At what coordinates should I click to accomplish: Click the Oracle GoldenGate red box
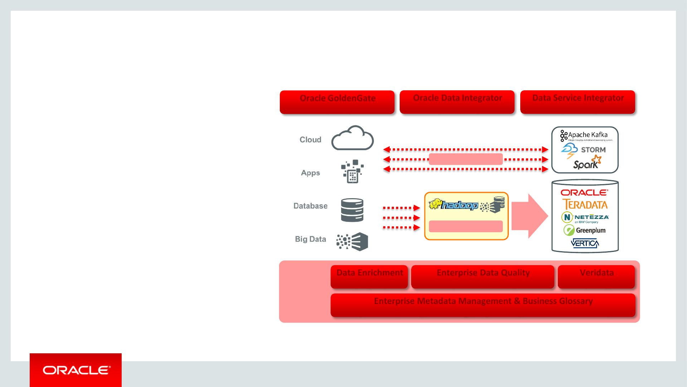click(337, 102)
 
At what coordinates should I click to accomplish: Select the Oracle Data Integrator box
click(457, 102)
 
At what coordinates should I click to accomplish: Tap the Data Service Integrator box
click(578, 102)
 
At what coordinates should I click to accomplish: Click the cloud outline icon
click(352, 138)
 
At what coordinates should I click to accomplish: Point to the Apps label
click(310, 173)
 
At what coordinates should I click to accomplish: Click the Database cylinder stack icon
click(352, 210)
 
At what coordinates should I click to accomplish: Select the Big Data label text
click(310, 239)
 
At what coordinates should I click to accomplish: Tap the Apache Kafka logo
click(585, 135)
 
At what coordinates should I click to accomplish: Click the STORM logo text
click(593, 150)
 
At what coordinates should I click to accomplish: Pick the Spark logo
click(587, 163)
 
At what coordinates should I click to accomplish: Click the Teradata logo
click(585, 205)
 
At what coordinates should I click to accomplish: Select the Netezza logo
click(585, 218)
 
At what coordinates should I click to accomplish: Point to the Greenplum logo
click(585, 230)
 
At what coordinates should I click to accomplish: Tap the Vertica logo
click(585, 243)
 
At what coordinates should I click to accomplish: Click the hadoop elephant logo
click(453, 205)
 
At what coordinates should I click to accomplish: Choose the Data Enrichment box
click(369, 277)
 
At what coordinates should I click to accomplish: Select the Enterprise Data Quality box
click(483, 277)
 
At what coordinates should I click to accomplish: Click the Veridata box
click(596, 277)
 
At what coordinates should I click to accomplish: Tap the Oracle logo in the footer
click(75, 370)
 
